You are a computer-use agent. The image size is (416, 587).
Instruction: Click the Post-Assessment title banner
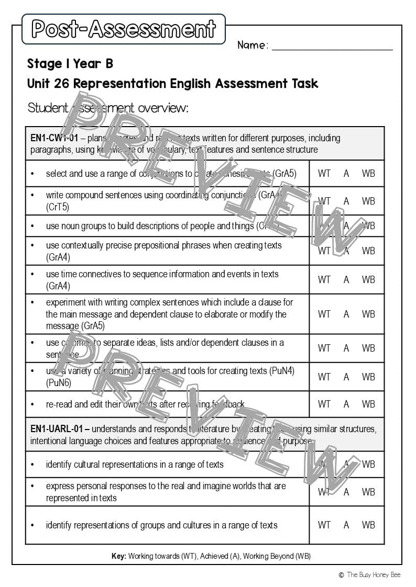[x=124, y=29]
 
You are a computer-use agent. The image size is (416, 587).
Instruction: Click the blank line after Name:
[x=332, y=46]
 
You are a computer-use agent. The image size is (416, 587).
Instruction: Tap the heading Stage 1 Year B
[x=70, y=64]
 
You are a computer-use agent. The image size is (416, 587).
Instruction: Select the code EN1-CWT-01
[x=54, y=138]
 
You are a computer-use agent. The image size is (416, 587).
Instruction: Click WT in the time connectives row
[x=324, y=279]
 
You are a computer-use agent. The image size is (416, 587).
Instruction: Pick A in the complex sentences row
[x=346, y=314]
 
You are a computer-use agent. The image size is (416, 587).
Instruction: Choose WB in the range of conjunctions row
[x=368, y=174]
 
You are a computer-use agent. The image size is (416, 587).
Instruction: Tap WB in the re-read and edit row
[x=368, y=404]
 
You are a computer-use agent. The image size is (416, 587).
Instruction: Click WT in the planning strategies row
[x=324, y=377]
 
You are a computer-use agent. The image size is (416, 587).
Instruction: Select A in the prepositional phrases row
[x=346, y=251]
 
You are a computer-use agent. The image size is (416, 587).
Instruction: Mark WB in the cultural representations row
[x=368, y=464]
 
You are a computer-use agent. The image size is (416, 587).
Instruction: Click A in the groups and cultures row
[x=346, y=525]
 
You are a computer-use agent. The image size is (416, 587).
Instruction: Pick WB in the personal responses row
[x=368, y=492]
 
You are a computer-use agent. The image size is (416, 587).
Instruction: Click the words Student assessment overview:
[x=107, y=108]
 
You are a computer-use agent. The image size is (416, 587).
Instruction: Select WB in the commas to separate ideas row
[x=368, y=348]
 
